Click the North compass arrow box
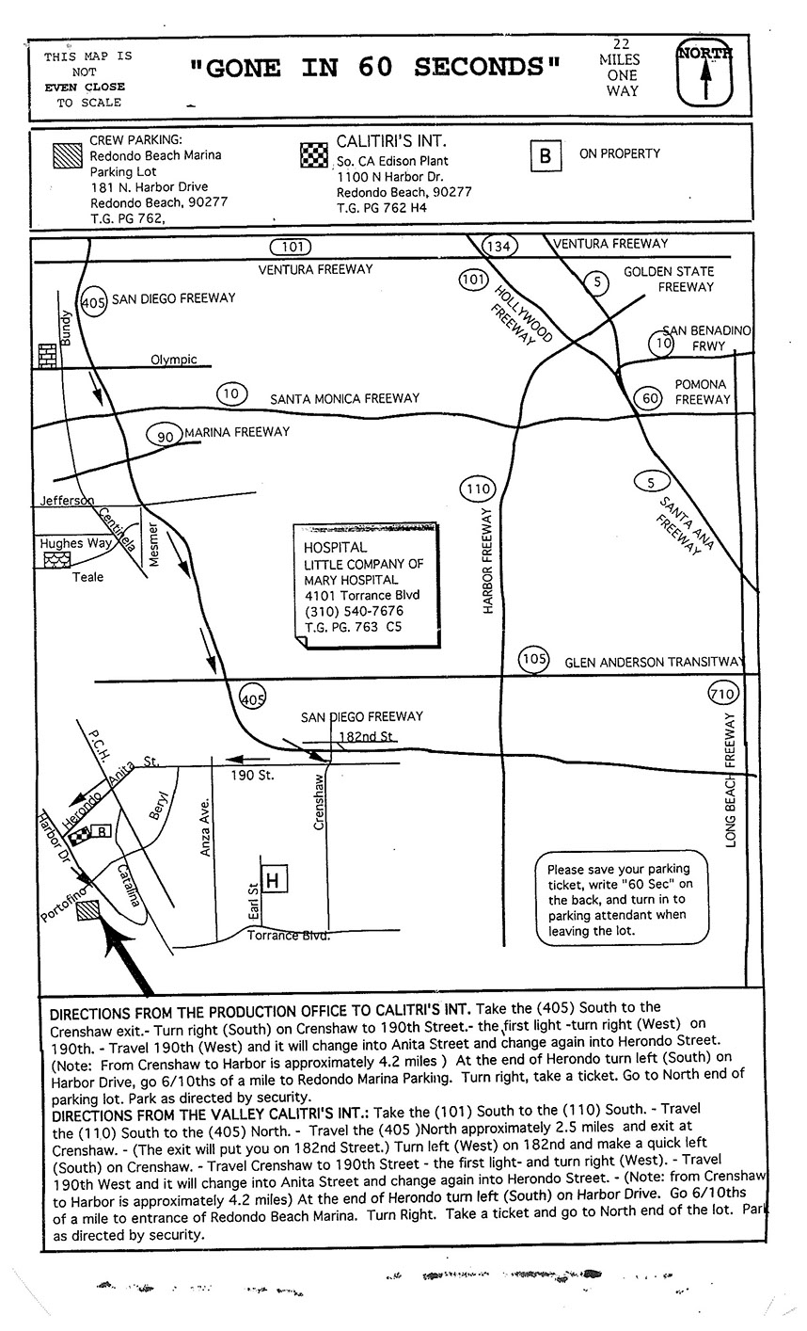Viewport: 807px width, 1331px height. (x=704, y=73)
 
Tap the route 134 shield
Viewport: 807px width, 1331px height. (x=498, y=247)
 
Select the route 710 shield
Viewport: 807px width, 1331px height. (x=720, y=696)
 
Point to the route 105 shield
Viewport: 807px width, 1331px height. (x=534, y=660)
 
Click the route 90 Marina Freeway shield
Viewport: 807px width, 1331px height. (x=165, y=436)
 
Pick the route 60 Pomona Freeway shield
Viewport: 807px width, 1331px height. (x=647, y=398)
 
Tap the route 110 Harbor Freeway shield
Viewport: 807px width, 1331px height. (x=478, y=489)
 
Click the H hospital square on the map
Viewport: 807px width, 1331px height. (x=273, y=880)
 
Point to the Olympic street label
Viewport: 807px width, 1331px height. (x=174, y=360)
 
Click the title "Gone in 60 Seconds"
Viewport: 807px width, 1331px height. (x=374, y=67)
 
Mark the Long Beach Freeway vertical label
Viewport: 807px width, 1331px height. (x=731, y=781)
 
